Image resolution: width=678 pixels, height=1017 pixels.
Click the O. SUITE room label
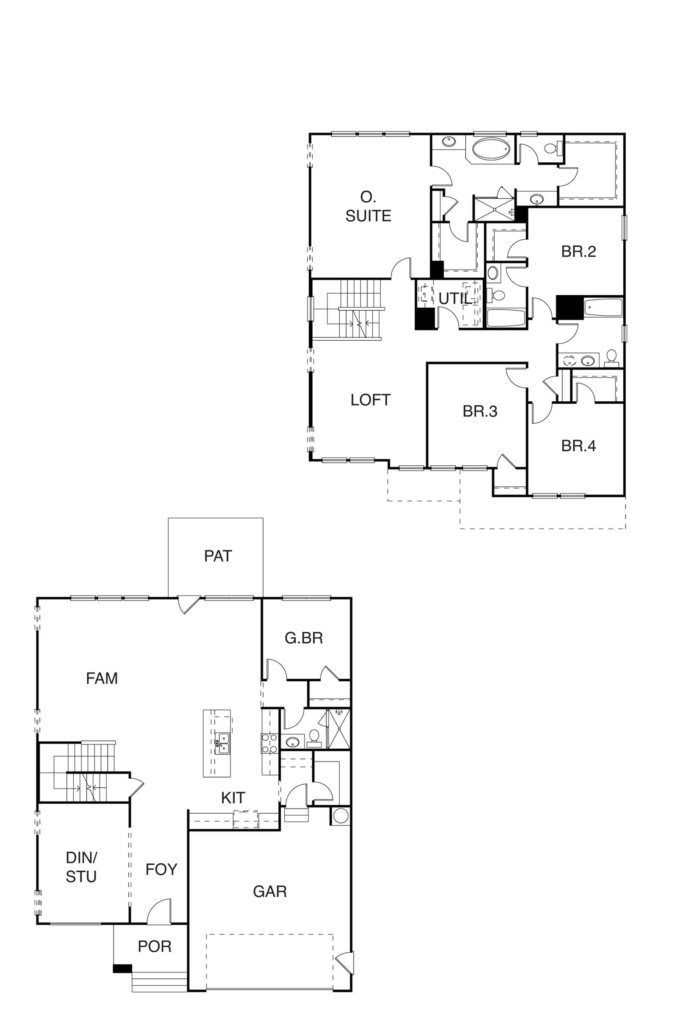368,206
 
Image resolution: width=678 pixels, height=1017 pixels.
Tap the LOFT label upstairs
370,400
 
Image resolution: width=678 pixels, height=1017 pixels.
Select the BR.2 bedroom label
578,252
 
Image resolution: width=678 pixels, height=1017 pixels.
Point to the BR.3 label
480,411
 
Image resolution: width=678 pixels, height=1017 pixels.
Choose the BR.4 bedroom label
578,446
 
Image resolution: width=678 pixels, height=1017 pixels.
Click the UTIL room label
454,298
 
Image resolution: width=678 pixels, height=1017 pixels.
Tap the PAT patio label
218,556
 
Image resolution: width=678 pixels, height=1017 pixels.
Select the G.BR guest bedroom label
303,638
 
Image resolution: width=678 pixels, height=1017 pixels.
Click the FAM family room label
102,678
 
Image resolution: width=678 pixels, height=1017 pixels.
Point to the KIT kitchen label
233,798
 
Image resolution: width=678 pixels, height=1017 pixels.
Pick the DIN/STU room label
81,867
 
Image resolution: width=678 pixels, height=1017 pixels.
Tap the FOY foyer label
161,870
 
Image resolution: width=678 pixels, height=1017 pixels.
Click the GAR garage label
270,892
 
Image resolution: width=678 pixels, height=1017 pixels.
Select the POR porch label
154,947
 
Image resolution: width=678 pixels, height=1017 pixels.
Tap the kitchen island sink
223,743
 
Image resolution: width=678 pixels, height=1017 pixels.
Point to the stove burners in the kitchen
269,743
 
